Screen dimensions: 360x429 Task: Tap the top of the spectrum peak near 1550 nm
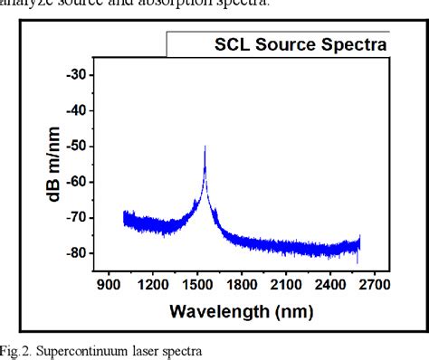point(205,146)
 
